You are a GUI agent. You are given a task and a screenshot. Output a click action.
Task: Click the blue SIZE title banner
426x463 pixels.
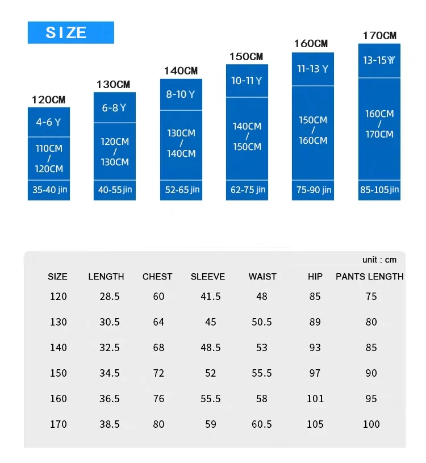pyautogui.click(x=70, y=32)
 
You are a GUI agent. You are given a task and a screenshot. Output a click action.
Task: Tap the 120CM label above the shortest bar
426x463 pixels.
pyautogui.click(x=48, y=100)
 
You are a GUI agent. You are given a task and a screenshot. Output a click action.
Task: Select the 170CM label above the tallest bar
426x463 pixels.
pyautogui.click(x=379, y=36)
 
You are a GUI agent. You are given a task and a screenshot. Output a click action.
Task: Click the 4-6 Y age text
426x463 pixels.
pyautogui.click(x=48, y=122)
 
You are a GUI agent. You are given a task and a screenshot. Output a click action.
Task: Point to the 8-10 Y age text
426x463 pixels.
pyautogui.click(x=181, y=94)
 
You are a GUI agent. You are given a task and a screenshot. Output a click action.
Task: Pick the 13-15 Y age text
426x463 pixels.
pyautogui.click(x=379, y=60)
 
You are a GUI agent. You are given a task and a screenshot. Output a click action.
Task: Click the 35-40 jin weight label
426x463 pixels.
pyautogui.click(x=49, y=190)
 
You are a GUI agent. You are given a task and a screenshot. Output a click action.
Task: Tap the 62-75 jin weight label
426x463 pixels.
pyautogui.click(x=247, y=190)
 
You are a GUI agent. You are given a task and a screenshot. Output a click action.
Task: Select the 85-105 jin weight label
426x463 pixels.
pyautogui.click(x=379, y=190)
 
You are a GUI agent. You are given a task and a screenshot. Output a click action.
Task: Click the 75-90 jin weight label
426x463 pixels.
pyautogui.click(x=314, y=190)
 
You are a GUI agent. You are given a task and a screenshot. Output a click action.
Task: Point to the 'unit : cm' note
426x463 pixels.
pyautogui.click(x=379, y=260)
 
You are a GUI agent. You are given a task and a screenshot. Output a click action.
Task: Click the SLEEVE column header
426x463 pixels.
pyautogui.click(x=208, y=277)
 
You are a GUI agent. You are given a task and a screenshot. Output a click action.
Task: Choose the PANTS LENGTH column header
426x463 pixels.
pyautogui.click(x=370, y=277)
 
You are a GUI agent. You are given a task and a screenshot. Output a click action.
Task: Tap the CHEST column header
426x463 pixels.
pyautogui.click(x=157, y=277)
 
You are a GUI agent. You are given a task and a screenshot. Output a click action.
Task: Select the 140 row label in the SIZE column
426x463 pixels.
pyautogui.click(x=58, y=347)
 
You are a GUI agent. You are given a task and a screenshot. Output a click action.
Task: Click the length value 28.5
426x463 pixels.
pyautogui.click(x=110, y=296)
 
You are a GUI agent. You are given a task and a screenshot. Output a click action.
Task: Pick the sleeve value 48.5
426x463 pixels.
pyautogui.click(x=210, y=347)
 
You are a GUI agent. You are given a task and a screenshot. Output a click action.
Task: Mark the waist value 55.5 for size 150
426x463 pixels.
pyautogui.click(x=261, y=373)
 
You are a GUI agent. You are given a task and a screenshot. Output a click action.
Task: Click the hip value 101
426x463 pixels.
pyautogui.click(x=315, y=398)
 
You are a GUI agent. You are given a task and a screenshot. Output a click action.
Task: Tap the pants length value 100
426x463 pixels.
pyautogui.click(x=371, y=424)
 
